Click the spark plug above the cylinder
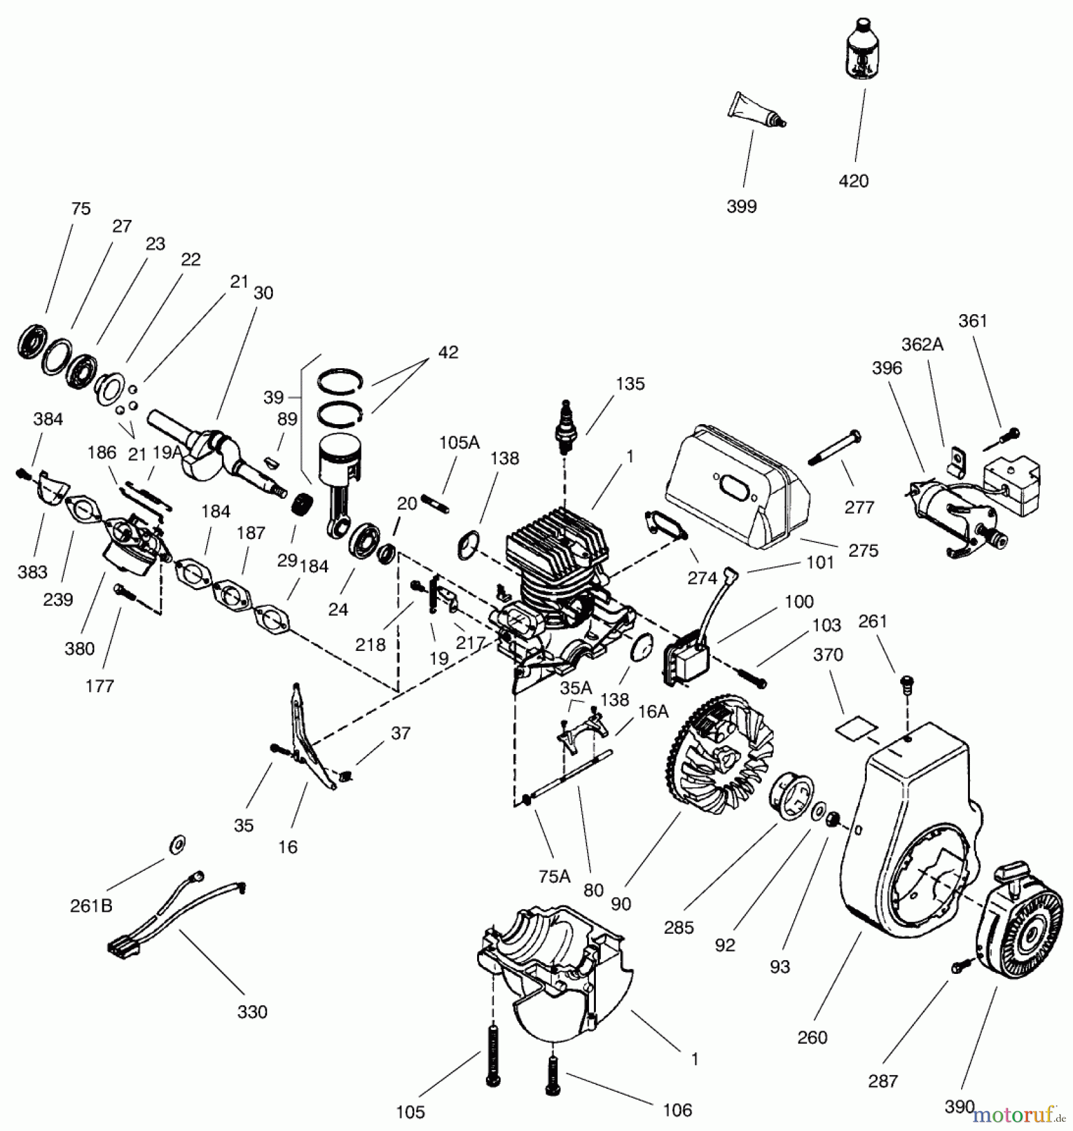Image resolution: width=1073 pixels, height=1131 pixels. [566, 427]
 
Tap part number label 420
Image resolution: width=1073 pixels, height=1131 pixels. [854, 182]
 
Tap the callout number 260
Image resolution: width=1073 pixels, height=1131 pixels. [812, 1037]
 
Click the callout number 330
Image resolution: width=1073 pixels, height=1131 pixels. [252, 1012]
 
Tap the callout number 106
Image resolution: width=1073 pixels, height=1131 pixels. [677, 1110]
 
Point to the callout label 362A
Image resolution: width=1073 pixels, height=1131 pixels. [922, 344]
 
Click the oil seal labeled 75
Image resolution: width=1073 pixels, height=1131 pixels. [33, 342]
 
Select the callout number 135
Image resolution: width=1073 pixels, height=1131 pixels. [630, 384]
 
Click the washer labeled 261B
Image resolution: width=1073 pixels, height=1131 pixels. [177, 845]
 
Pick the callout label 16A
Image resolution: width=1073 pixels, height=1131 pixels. [653, 711]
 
